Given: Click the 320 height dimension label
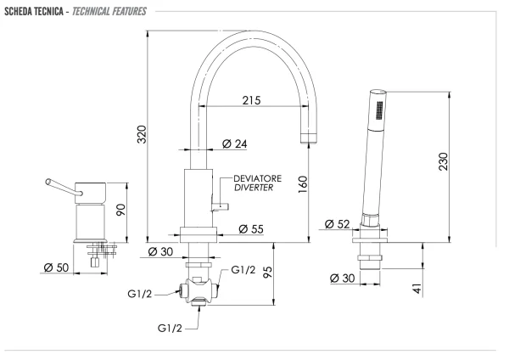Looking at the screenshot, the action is click(x=143, y=134).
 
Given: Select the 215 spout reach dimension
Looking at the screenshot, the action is click(x=252, y=100).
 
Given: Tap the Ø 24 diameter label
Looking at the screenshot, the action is click(x=235, y=143).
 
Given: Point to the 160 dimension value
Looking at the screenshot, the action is click(x=303, y=184).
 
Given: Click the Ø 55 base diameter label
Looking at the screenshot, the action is click(x=251, y=229).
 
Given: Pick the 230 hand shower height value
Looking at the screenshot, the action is click(x=443, y=161).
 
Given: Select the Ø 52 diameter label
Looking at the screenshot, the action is click(x=338, y=224).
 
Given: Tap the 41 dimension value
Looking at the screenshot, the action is click(x=417, y=289).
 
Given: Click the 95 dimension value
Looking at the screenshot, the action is click(x=267, y=273).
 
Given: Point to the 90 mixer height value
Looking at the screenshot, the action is click(x=120, y=211).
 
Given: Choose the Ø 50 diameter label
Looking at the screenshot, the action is click(x=56, y=267).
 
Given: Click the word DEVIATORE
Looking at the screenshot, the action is click(x=257, y=178).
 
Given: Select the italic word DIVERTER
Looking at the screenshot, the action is click(x=254, y=188).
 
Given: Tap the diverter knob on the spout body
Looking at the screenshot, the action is click(x=221, y=206).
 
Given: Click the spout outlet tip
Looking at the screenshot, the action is click(x=309, y=138).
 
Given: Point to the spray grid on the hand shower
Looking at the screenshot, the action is click(x=379, y=110).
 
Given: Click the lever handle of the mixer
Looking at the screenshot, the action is click(x=64, y=188).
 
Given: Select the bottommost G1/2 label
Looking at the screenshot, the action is click(x=170, y=328).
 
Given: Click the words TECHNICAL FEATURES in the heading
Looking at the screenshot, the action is click(x=109, y=12).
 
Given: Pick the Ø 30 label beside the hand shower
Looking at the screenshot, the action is click(x=342, y=278).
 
